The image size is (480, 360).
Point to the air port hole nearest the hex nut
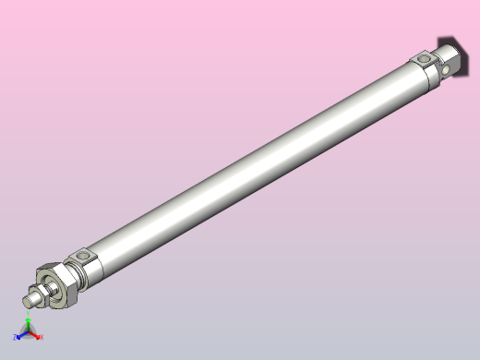point(86,255)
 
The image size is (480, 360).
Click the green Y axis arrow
point(29,323)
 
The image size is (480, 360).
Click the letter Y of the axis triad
point(29,318)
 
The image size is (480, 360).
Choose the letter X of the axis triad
point(42,338)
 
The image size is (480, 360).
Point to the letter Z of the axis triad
point(16,339)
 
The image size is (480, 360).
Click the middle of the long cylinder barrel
point(249,162)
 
